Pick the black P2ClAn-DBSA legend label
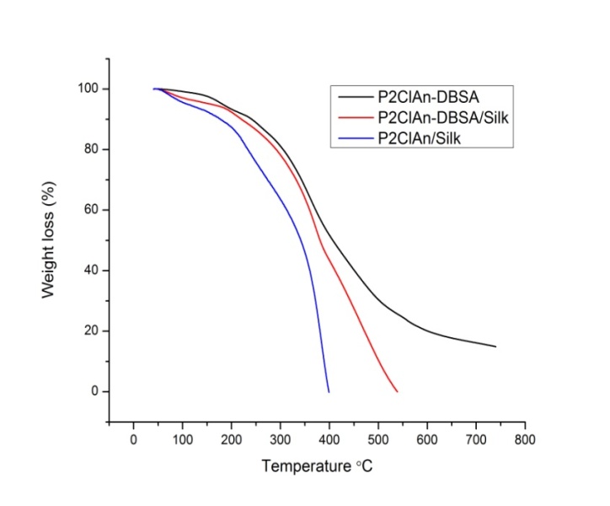[x=425, y=98]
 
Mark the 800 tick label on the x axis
[x=525, y=439]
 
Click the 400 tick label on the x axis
[x=329, y=439]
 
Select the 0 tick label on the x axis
[x=133, y=439]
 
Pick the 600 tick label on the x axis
[x=427, y=439]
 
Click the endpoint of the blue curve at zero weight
[x=329, y=391]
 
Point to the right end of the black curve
[x=496, y=347]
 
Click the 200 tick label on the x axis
[x=231, y=439]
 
